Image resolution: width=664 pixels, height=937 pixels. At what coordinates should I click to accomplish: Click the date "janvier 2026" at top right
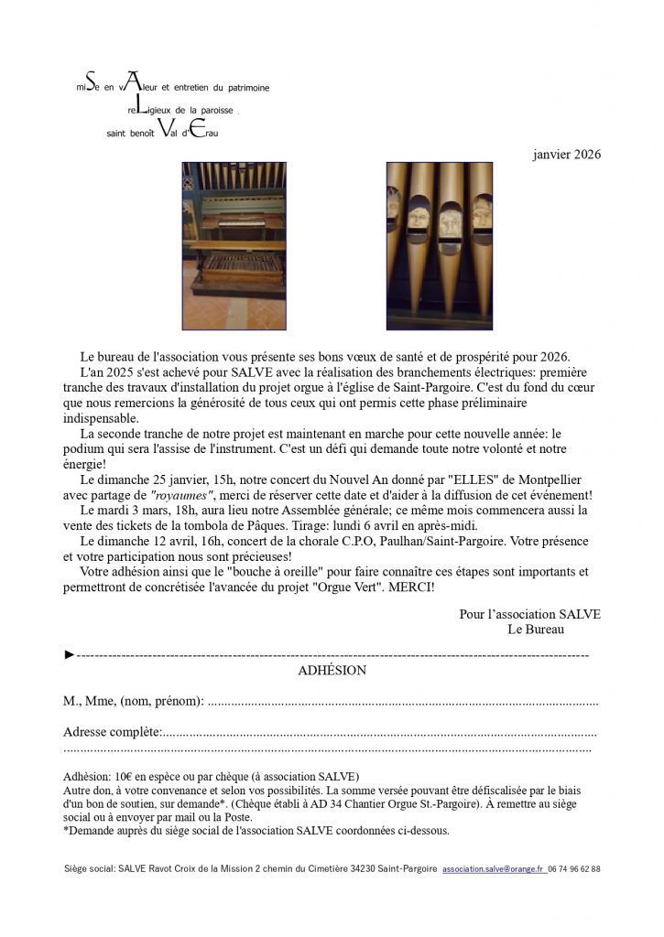[x=566, y=155]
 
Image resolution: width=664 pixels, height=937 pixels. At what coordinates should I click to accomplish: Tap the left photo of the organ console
[x=234, y=245]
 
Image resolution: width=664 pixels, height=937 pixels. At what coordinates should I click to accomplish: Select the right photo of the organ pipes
[x=439, y=245]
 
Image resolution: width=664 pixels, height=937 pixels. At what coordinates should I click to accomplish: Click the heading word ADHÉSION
[x=332, y=671]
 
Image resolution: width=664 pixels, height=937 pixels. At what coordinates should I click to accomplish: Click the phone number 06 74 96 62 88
[x=574, y=868]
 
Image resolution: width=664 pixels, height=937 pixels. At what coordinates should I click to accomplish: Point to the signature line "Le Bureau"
[x=535, y=630]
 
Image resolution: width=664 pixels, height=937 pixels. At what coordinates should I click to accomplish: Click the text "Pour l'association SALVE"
[x=529, y=615]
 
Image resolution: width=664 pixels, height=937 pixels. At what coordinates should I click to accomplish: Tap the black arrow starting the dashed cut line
[x=69, y=655]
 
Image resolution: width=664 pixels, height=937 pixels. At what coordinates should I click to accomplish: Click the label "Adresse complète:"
[x=113, y=732]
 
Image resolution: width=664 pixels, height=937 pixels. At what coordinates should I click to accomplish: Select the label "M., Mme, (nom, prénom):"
[x=134, y=702]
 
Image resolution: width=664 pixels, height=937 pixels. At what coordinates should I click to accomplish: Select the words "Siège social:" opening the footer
[x=90, y=868]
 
